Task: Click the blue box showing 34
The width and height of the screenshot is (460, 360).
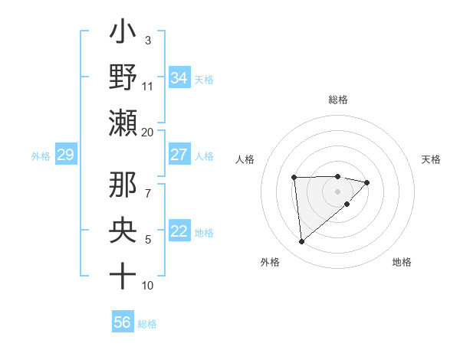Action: tap(179, 77)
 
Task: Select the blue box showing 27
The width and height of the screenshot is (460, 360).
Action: tap(179, 155)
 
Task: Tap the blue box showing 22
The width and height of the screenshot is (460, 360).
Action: tap(179, 231)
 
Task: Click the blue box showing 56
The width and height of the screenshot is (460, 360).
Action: tap(123, 322)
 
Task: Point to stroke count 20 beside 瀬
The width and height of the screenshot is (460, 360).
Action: tap(148, 132)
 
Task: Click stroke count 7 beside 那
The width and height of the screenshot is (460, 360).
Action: tap(148, 185)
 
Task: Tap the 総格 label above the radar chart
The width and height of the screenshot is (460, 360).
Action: tap(338, 100)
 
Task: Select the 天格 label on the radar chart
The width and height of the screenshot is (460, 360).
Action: tap(432, 159)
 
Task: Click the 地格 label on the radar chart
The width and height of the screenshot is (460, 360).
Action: tap(402, 262)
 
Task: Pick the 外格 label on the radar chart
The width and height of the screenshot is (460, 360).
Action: tap(270, 262)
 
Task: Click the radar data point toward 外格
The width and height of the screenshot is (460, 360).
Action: tap(302, 242)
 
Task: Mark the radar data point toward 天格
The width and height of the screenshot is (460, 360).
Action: tap(367, 182)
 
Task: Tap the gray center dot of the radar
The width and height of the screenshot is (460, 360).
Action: tap(337, 191)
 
